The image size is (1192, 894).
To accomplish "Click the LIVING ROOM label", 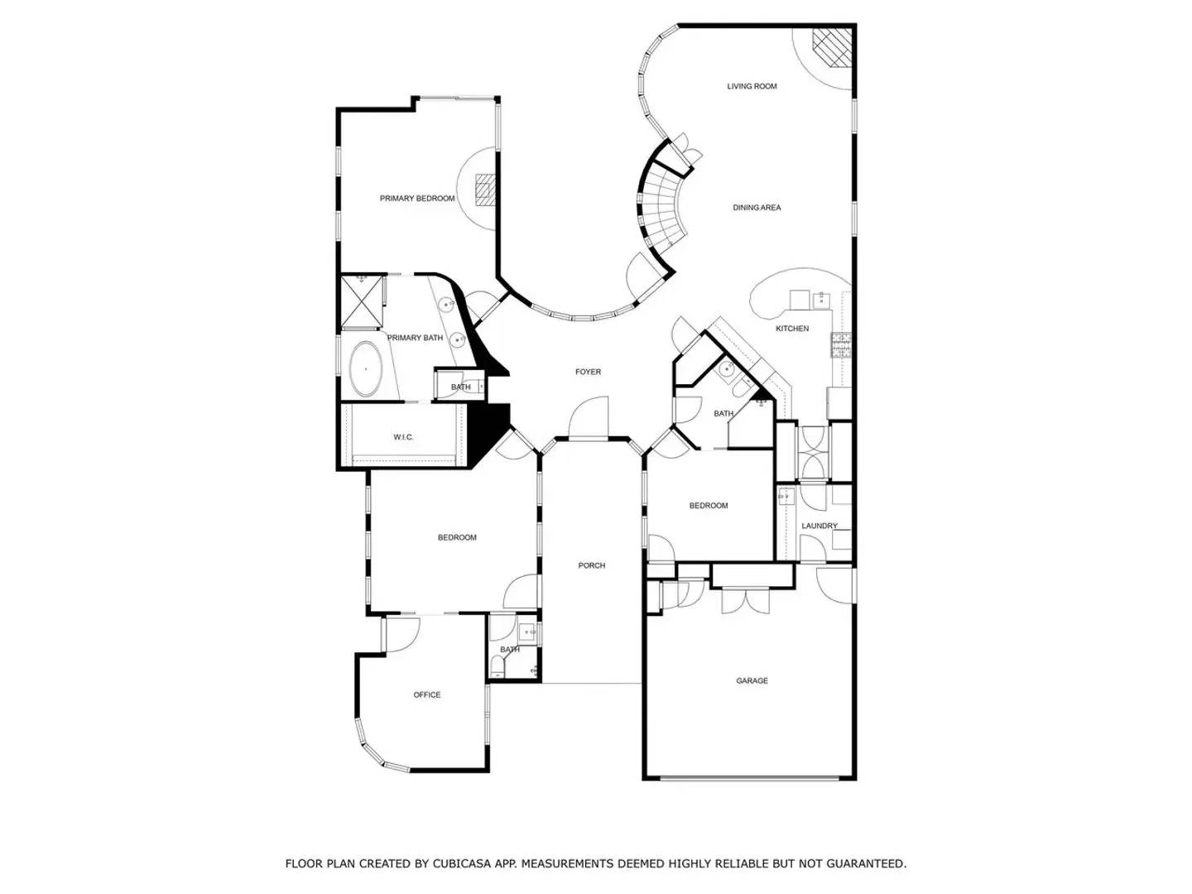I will (x=752, y=86).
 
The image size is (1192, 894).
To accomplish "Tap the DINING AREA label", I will (x=757, y=208).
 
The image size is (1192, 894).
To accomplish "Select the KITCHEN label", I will (x=792, y=329).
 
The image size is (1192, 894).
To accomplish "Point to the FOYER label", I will (x=589, y=372).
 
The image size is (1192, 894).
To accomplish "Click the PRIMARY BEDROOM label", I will (x=417, y=199).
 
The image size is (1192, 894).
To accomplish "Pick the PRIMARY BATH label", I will (x=416, y=338).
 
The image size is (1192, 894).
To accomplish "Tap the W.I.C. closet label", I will (x=403, y=437).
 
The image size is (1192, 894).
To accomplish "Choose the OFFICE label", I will (x=427, y=695).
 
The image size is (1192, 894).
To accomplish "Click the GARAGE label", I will (x=752, y=681).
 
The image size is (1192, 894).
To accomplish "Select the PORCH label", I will (x=592, y=565).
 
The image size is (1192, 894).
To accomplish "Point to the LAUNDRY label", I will (x=819, y=526).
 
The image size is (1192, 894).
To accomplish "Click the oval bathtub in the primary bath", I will (x=365, y=369).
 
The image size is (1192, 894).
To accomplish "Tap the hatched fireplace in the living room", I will (x=830, y=48).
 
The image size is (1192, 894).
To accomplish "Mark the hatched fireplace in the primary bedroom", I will (x=484, y=189).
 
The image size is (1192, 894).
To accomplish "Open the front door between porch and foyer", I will (x=589, y=419).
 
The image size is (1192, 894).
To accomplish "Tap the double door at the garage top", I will (x=746, y=599).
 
